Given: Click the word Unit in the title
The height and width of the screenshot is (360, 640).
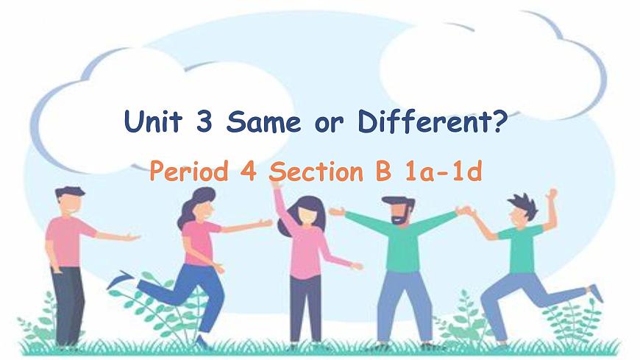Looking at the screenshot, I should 152,121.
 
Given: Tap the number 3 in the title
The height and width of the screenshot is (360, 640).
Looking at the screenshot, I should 203,121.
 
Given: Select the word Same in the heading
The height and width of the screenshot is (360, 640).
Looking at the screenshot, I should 263,121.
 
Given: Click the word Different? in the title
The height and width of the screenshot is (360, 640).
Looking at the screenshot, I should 433,121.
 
